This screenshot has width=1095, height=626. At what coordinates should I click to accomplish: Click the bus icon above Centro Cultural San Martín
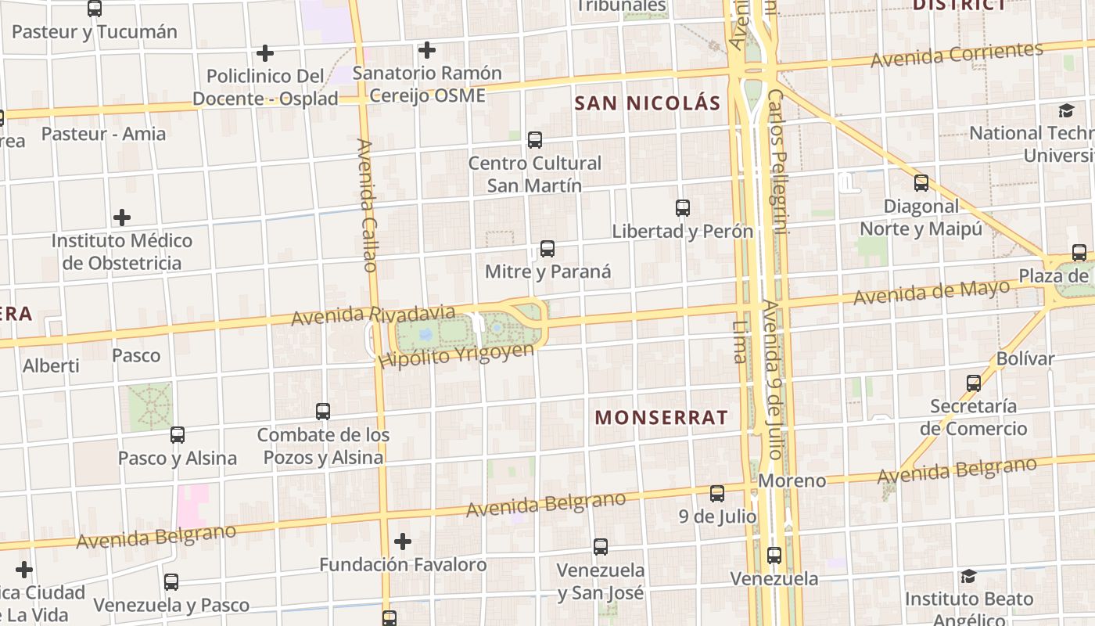tap(535, 140)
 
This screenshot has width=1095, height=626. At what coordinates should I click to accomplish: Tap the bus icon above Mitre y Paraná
tap(547, 249)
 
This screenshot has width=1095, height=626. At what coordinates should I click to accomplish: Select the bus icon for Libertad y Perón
tap(683, 207)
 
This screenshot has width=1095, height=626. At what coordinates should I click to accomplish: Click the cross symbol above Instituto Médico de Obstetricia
tap(122, 217)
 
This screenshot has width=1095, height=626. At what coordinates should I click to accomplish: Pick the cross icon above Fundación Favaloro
tap(403, 541)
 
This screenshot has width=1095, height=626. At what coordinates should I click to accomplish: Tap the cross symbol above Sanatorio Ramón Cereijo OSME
tap(426, 50)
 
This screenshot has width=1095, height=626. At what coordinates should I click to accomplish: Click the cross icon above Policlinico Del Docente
tap(265, 53)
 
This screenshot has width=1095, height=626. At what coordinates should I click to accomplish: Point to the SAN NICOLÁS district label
tap(647, 103)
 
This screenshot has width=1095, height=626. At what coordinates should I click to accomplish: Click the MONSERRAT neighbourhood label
tap(662, 417)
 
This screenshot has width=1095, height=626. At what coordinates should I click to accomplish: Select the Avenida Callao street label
tap(367, 205)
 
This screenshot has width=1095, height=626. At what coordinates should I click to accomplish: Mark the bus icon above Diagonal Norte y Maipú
tap(921, 183)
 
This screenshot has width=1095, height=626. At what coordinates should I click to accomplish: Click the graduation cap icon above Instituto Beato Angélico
tap(968, 576)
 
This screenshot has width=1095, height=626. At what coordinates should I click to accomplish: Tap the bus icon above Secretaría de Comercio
tap(974, 383)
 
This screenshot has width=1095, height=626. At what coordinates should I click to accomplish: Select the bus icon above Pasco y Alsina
tap(178, 434)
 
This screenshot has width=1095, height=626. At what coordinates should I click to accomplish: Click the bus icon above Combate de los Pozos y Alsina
tap(323, 411)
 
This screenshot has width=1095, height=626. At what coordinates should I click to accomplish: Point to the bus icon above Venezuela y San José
tap(601, 547)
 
